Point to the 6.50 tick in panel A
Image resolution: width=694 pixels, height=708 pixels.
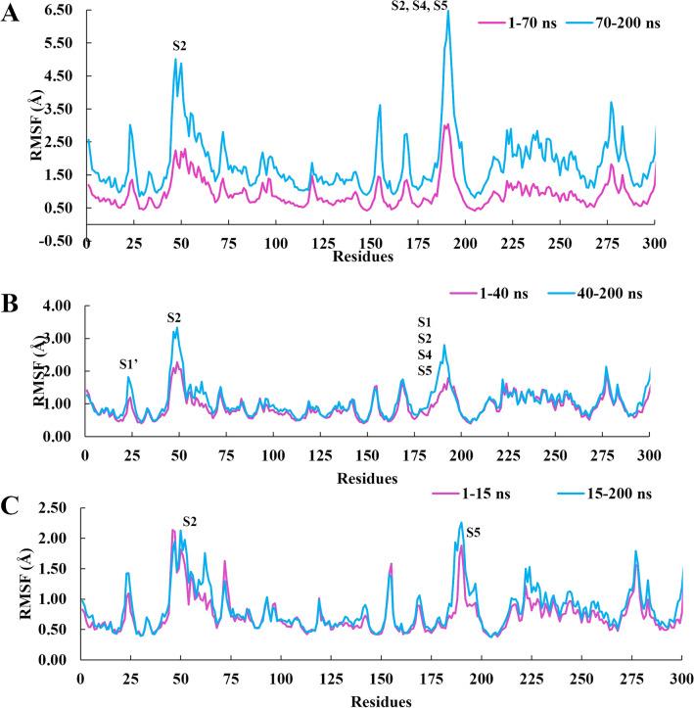62,9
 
